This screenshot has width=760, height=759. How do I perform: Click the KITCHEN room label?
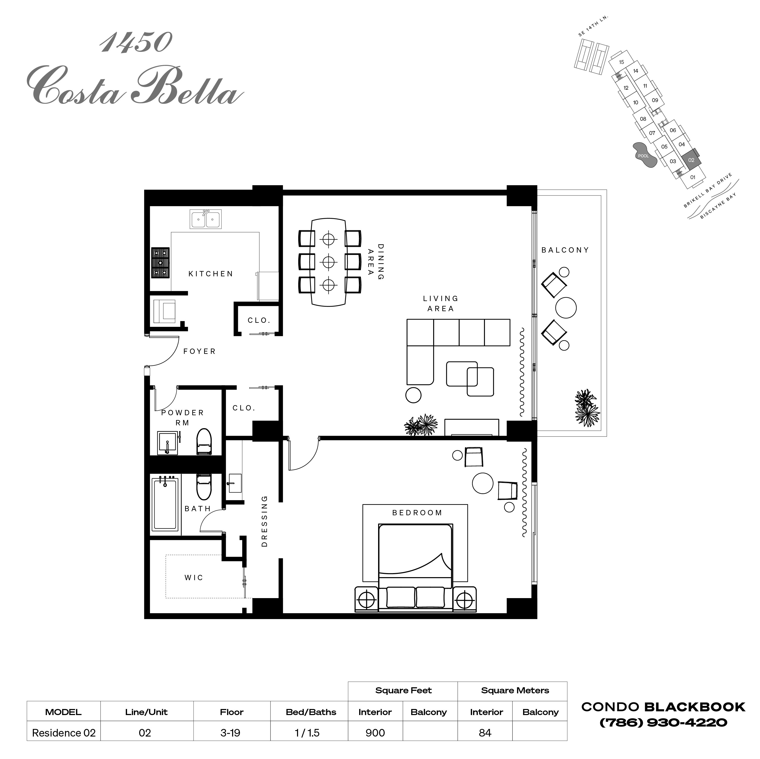pyautogui.click(x=211, y=274)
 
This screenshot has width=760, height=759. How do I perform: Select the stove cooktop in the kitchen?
pyautogui.click(x=160, y=263)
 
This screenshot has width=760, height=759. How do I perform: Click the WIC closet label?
pyautogui.click(x=194, y=578)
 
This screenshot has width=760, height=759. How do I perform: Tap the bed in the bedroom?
pyautogui.click(x=415, y=567)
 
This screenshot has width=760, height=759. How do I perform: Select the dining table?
pyautogui.click(x=328, y=262)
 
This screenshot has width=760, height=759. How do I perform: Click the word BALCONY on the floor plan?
pyautogui.click(x=565, y=250)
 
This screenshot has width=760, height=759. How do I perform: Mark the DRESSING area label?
pyautogui.click(x=264, y=521)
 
